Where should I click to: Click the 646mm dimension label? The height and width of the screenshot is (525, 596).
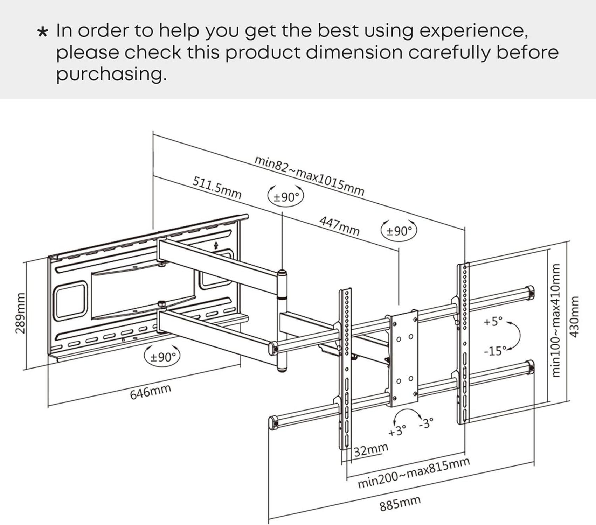coord(150,392)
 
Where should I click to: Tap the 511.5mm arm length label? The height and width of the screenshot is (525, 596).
coord(217,188)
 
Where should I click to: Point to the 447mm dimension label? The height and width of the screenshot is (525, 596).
coord(339,226)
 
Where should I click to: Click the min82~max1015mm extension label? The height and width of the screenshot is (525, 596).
coord(309,176)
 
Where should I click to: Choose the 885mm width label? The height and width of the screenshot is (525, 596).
coord(400,503)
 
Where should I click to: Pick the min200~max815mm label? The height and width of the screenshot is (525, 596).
coord(413,473)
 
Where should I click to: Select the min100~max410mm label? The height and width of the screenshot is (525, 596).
coord(556,320)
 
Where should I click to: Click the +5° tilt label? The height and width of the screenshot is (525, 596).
coord(493,321)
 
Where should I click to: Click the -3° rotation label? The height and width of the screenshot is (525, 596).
coord(426,422)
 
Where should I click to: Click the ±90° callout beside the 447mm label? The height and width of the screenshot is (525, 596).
coord(399,231)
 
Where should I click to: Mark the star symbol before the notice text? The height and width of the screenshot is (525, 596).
coord(42,32)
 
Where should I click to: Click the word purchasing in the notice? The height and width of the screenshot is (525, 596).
coord(111,74)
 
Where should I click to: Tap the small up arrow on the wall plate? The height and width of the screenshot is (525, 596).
coord(216,246)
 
